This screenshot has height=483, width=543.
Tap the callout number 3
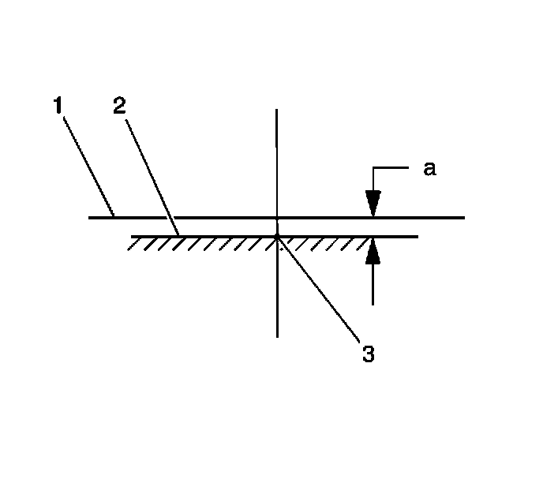[x=367, y=354]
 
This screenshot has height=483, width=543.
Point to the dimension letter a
[x=429, y=168]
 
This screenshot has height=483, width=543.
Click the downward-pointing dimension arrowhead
[x=373, y=204]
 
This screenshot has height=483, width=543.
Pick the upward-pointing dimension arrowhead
[x=373, y=249]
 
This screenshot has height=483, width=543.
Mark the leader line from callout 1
[x=88, y=164]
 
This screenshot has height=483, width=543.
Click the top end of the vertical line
[x=276, y=110]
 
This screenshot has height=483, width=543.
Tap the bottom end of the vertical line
[x=277, y=336]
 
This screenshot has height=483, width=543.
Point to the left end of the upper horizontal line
[x=90, y=216]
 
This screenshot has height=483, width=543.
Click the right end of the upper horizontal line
[x=464, y=216]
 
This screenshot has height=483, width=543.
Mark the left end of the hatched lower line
[x=133, y=235]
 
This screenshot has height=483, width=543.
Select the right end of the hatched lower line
[x=416, y=235]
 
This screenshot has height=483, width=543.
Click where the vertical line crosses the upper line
[x=276, y=216]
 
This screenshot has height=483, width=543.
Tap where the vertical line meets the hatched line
[x=277, y=235]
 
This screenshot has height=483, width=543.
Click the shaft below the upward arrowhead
[x=373, y=284]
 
